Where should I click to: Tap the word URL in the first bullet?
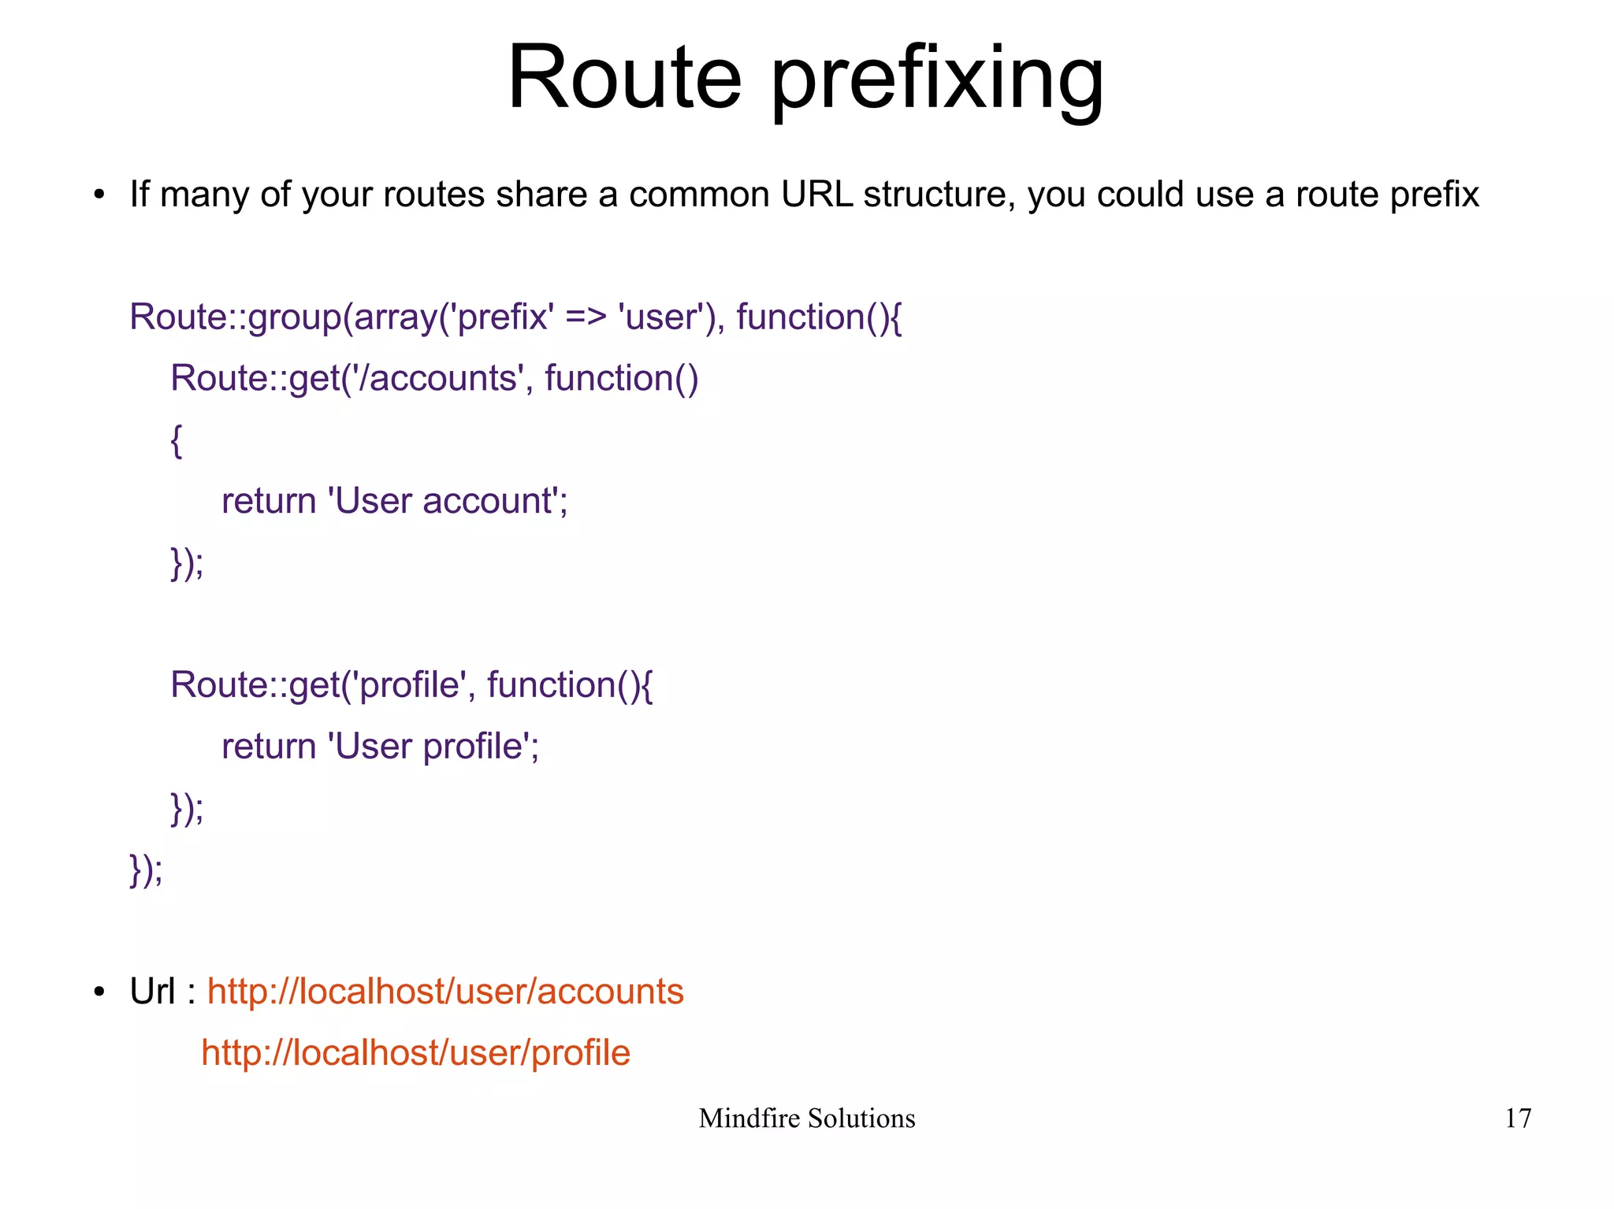point(816,195)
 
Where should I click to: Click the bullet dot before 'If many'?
point(99,195)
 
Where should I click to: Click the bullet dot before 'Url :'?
point(99,992)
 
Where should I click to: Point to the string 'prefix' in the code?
point(501,317)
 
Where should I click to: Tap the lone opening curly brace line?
point(177,440)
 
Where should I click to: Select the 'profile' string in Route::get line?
point(411,685)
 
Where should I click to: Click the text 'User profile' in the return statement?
point(430,747)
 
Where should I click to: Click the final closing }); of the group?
point(146,870)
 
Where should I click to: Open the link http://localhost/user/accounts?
point(445,992)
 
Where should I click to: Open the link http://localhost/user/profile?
point(415,1053)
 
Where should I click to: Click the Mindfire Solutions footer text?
point(806,1118)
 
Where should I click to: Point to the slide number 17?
point(1518,1118)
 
